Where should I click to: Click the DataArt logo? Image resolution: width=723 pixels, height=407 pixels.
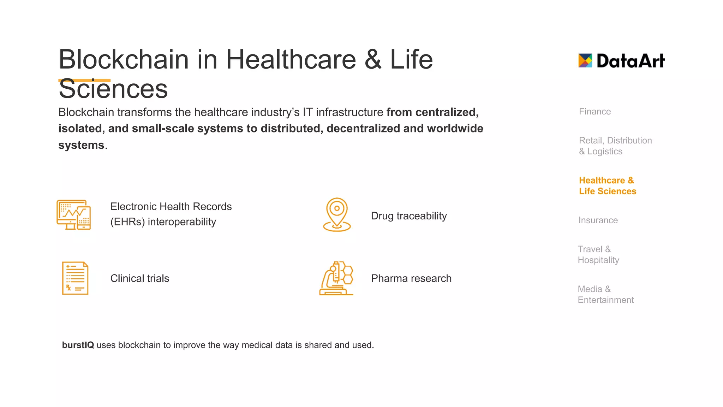pyautogui.click(x=621, y=61)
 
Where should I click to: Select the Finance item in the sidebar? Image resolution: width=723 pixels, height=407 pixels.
pyautogui.click(x=595, y=112)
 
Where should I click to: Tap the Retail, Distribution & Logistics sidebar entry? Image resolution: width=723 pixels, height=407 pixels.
pyautogui.click(x=615, y=146)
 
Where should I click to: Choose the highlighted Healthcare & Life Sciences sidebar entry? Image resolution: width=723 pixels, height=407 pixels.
pyautogui.click(x=607, y=186)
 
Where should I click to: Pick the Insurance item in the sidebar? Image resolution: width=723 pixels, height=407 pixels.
pyautogui.click(x=598, y=220)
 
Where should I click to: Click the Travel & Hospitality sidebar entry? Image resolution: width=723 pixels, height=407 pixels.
pyautogui.click(x=598, y=255)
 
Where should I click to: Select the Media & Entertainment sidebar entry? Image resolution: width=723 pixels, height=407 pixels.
pyautogui.click(x=605, y=295)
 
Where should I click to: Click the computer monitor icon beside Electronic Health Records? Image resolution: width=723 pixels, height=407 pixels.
pyautogui.click(x=73, y=214)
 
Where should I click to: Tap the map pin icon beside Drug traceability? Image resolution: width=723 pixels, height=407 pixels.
pyautogui.click(x=337, y=214)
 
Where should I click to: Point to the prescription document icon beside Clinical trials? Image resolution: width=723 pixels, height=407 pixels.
pyautogui.click(x=75, y=278)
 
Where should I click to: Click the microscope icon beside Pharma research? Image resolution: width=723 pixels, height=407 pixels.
pyautogui.click(x=336, y=278)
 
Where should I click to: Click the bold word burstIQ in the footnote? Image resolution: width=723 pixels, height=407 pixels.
pyautogui.click(x=78, y=345)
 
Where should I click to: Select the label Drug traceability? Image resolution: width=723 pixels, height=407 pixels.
pyautogui.click(x=409, y=216)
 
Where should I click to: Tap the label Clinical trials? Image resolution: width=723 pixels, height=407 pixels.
pyautogui.click(x=140, y=278)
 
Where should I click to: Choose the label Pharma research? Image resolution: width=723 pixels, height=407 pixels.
pyautogui.click(x=411, y=278)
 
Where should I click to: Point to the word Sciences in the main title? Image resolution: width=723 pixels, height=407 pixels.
pyautogui.click(x=113, y=89)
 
